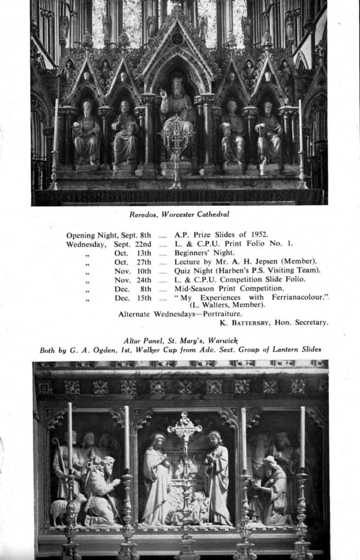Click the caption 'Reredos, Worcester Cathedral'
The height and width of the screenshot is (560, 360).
(179, 214)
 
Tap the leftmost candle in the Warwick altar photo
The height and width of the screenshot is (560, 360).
(70, 436)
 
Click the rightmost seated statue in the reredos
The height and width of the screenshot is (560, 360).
(268, 133)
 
